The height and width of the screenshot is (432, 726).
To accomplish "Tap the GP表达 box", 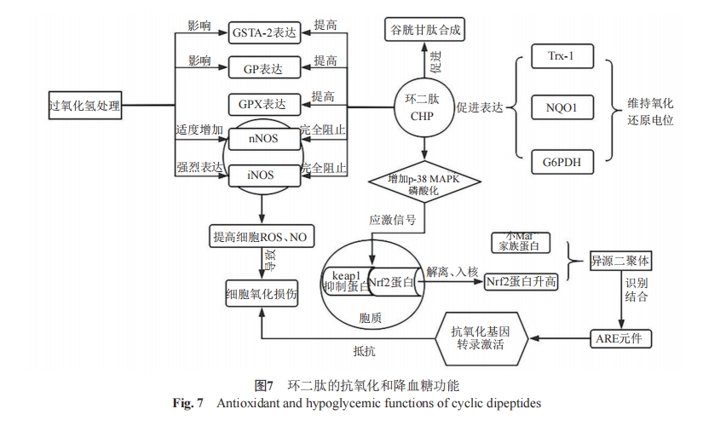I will click(264, 66).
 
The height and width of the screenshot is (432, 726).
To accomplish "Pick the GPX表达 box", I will click(264, 105).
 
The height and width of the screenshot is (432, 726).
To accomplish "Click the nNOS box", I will click(264, 138).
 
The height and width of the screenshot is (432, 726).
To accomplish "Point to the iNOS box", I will click(264, 174).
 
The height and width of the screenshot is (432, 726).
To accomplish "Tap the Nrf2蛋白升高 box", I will click(521, 281).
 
